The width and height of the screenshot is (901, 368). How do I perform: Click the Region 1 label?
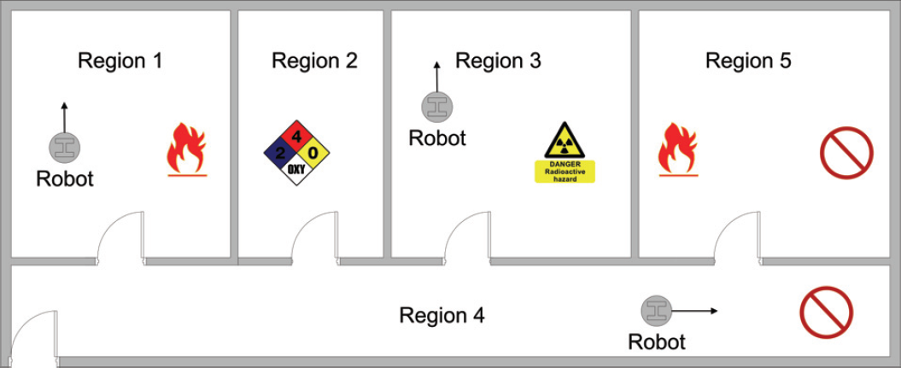pyautogui.click(x=120, y=61)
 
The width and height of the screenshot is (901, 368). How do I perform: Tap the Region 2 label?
pyautogui.click(x=314, y=61)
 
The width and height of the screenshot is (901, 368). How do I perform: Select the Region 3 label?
pyautogui.click(x=498, y=61)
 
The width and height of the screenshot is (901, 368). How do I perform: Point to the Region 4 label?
pyautogui.click(x=442, y=315)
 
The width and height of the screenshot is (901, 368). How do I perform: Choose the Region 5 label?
pyautogui.click(x=748, y=61)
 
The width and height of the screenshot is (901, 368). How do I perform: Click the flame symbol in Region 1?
pyautogui.click(x=187, y=149)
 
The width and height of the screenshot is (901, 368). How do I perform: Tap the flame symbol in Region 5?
pyautogui.click(x=679, y=149)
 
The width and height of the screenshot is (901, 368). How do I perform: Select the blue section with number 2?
pyautogui.click(x=280, y=153)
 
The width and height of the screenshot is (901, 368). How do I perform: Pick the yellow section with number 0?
pyautogui.click(x=313, y=153)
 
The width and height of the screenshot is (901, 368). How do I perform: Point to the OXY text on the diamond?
pyautogui.click(x=296, y=169)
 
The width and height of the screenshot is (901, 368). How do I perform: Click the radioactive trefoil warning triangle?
pyautogui.click(x=565, y=141)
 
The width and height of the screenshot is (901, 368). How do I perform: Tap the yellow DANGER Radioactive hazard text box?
pyautogui.click(x=565, y=172)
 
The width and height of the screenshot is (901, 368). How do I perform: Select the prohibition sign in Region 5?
pyautogui.click(x=846, y=154)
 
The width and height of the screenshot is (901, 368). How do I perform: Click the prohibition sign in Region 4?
pyautogui.click(x=827, y=313)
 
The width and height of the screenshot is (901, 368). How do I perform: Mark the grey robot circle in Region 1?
pyautogui.click(x=64, y=147)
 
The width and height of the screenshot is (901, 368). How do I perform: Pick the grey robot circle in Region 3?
pyautogui.click(x=437, y=106)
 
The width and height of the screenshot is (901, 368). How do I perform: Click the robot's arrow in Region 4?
pyautogui.click(x=694, y=311)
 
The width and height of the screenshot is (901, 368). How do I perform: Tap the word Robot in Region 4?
pyautogui.click(x=657, y=342)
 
